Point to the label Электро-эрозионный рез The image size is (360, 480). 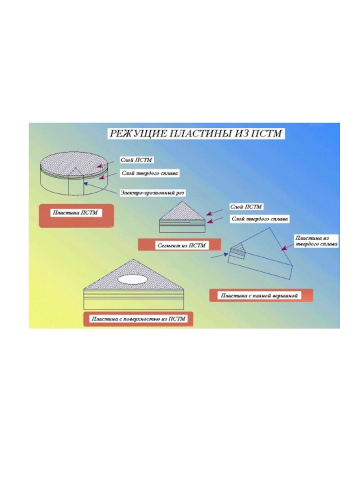[152, 193]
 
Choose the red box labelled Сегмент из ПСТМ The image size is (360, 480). [180, 245]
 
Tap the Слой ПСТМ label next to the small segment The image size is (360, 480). [246, 206]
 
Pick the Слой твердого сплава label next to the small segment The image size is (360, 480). [260, 219]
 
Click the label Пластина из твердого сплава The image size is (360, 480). [316, 240]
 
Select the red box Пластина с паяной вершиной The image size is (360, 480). [261, 296]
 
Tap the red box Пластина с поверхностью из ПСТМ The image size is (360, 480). [139, 319]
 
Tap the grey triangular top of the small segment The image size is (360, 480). [182, 211]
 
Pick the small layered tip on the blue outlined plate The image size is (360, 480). [237, 250]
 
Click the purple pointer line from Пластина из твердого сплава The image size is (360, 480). [286, 239]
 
